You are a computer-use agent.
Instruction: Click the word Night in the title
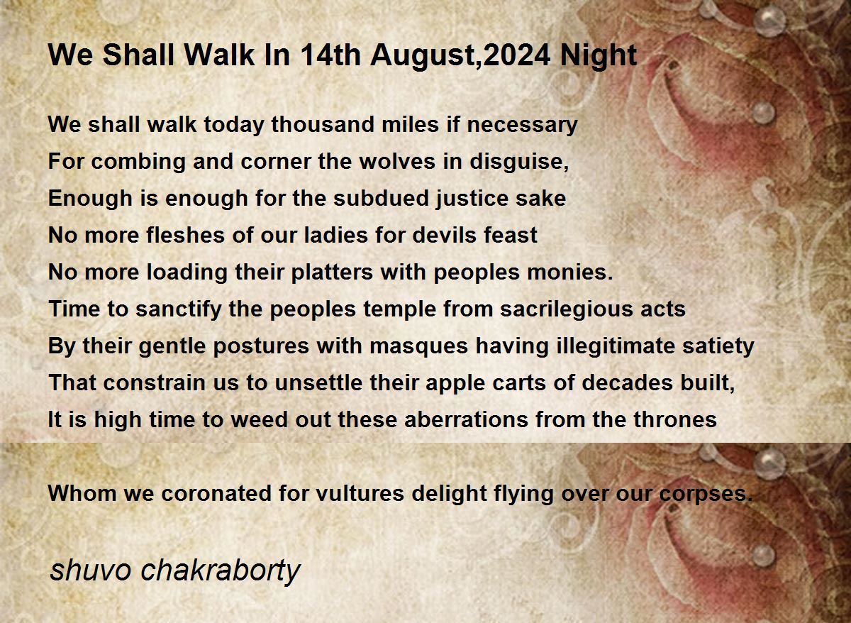(599, 56)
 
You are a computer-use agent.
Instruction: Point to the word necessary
(523, 126)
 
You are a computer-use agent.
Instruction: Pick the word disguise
(519, 162)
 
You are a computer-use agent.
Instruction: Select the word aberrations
(466, 419)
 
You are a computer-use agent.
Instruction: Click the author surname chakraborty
(221, 570)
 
